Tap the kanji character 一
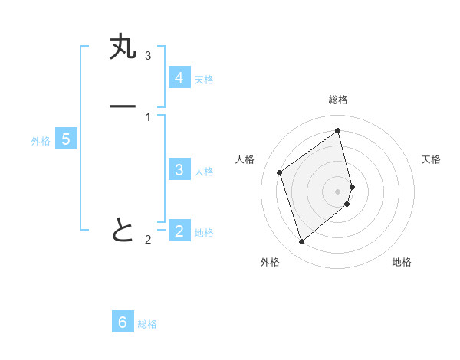123,106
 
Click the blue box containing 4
179,78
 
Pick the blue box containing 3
179,170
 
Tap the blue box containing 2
179,231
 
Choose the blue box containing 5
67,139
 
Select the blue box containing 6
123,322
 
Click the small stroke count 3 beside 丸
148,55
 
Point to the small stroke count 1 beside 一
148,116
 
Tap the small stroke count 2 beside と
148,240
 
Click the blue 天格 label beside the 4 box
204,80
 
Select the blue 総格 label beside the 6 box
147,324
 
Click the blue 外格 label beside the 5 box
41,141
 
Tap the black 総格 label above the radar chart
338,100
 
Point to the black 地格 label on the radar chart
402,262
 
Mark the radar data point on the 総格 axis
338,130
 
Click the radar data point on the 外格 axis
301,242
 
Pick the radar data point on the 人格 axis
280,172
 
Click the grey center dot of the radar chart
338,191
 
